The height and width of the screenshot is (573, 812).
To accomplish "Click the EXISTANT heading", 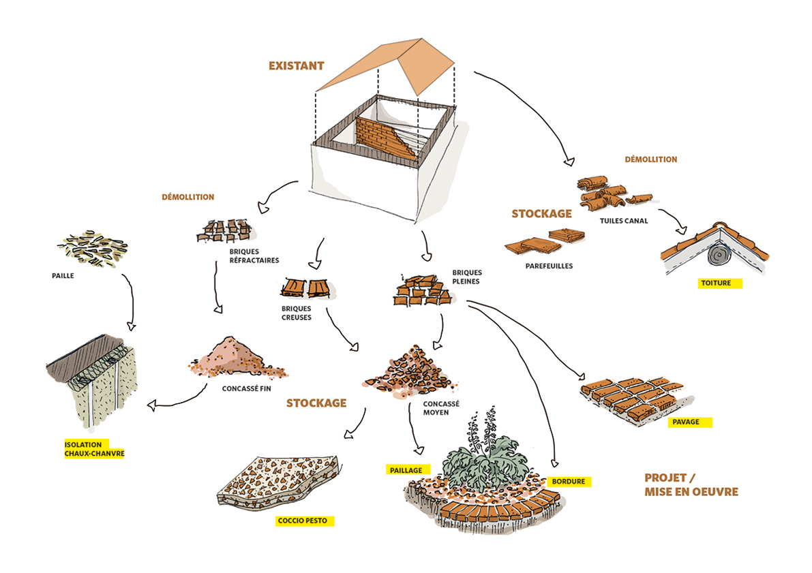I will tap(296, 66).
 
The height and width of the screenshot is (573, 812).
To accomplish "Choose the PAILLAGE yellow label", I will tap(405, 470).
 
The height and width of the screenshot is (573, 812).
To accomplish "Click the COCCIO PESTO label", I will tap(302, 521).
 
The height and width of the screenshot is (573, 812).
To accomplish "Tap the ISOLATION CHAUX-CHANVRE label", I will tap(94, 448).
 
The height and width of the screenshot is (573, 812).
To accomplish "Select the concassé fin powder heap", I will tap(235, 358).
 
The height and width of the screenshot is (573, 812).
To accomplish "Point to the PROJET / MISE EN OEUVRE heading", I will tap(691, 484).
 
